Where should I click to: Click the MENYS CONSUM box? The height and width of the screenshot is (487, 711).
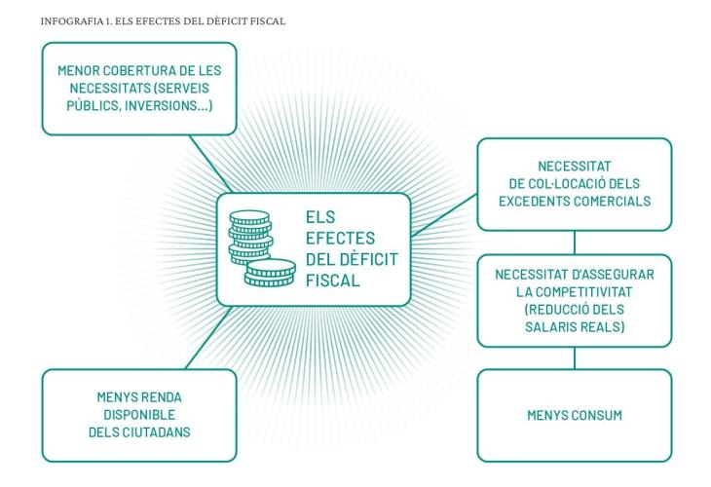[x=574, y=416]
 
